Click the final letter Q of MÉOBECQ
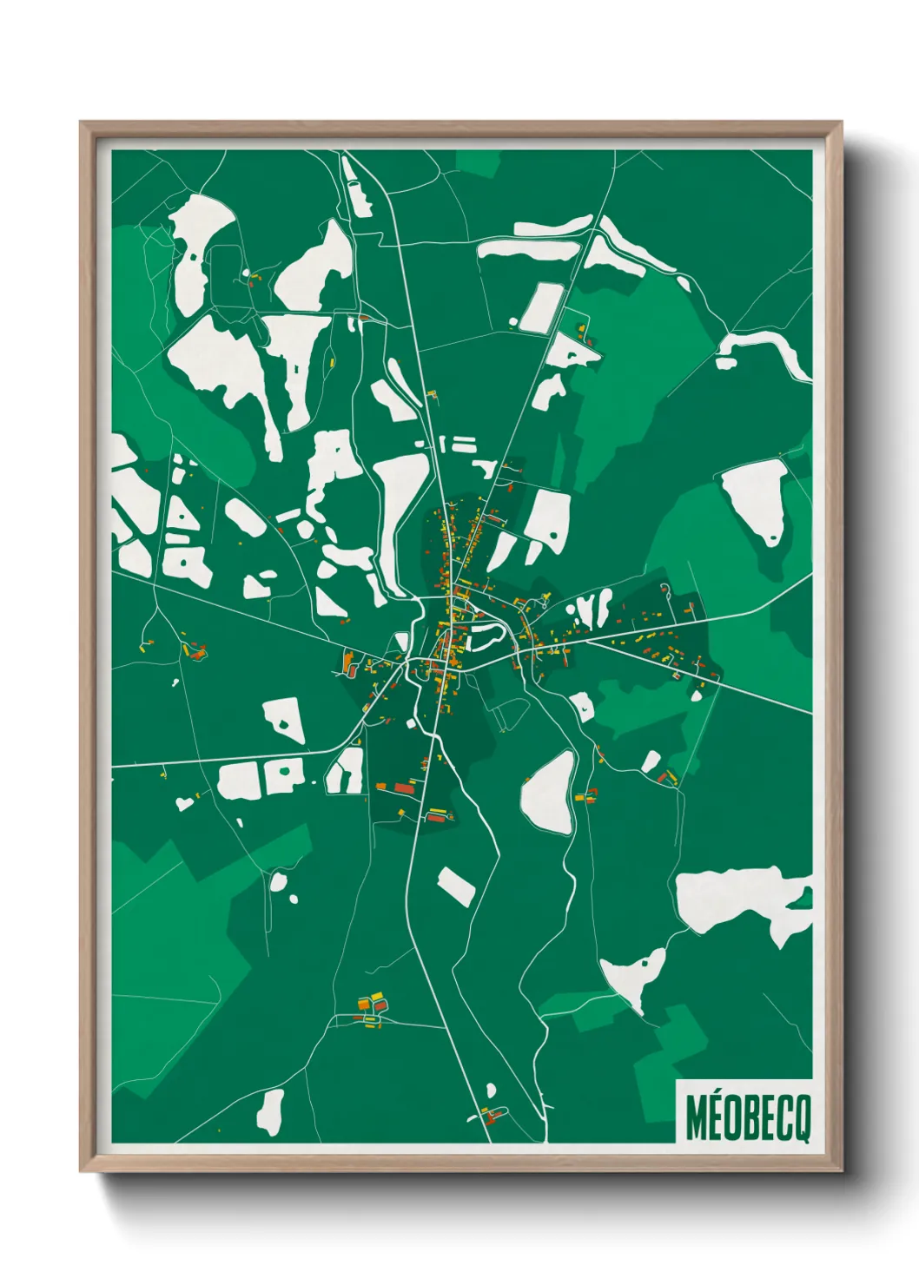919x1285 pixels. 802,1118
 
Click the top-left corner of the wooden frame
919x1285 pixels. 81,122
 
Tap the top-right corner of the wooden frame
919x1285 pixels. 841,122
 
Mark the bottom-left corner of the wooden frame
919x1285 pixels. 81,1170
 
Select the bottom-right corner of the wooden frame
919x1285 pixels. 841,1170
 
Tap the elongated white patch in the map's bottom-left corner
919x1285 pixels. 271,1112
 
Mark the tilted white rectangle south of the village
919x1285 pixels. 456,886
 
